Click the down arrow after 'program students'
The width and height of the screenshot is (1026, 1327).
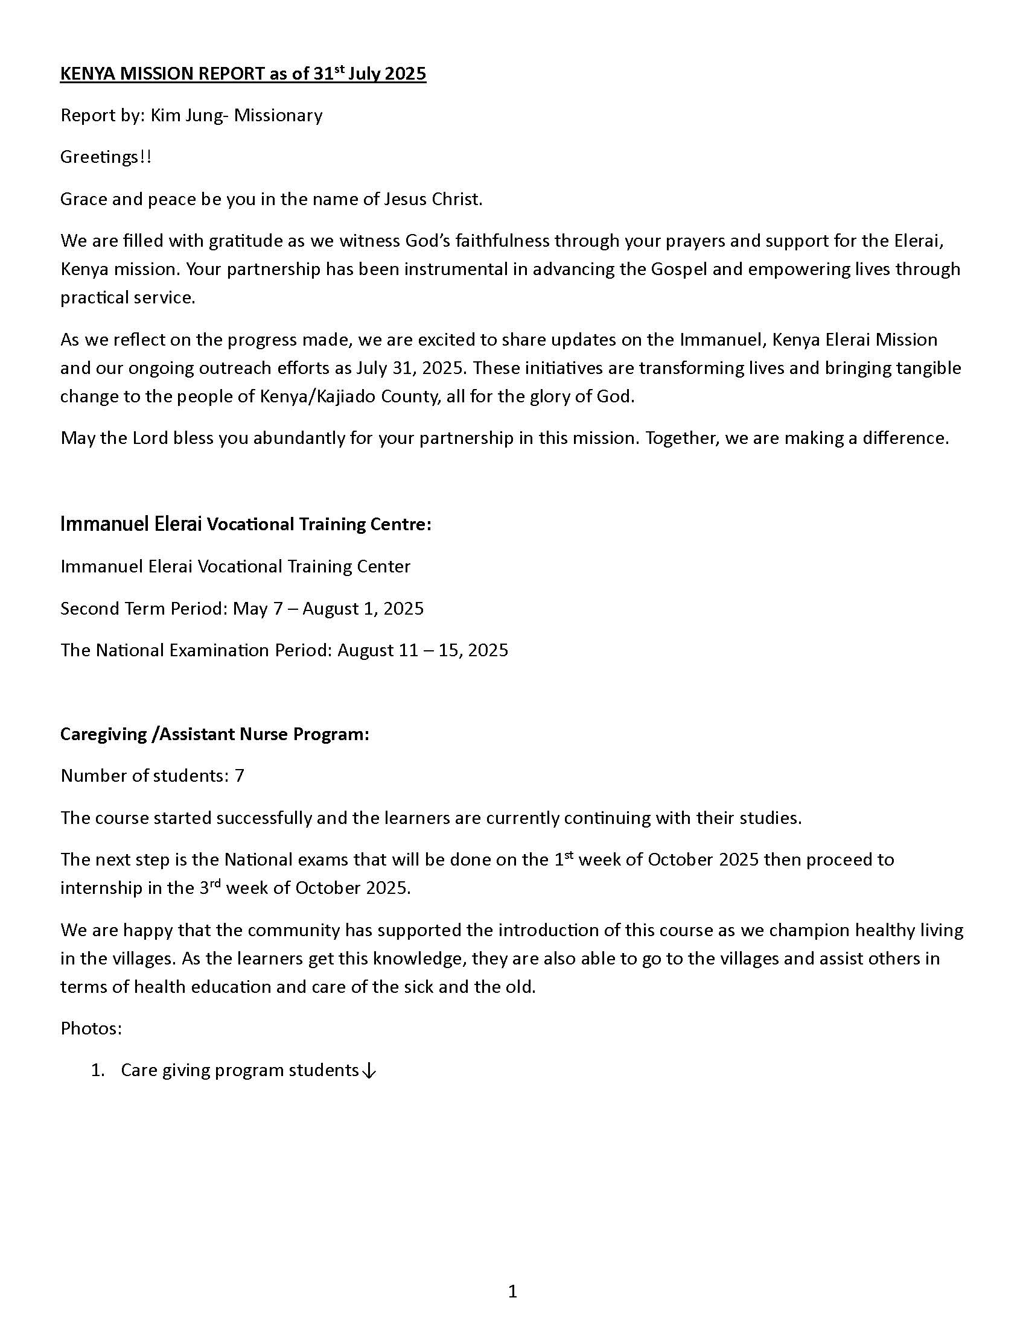(x=369, y=1071)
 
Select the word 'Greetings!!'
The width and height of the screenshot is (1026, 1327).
(x=106, y=157)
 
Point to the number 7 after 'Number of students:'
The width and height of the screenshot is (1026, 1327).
(x=240, y=776)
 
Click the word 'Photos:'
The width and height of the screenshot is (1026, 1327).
(x=91, y=1028)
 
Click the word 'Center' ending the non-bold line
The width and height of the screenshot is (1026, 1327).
(x=382, y=566)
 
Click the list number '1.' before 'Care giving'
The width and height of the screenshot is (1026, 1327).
(x=98, y=1070)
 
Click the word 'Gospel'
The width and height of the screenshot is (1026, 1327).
(x=679, y=269)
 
